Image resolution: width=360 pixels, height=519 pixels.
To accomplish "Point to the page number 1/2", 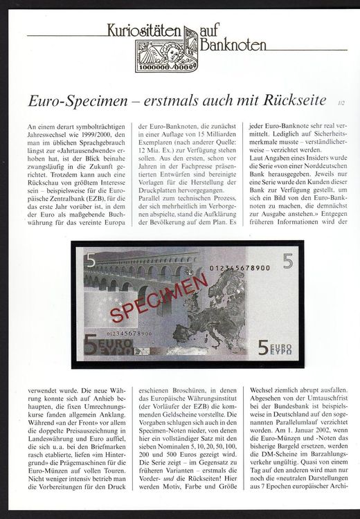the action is [339, 102].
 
